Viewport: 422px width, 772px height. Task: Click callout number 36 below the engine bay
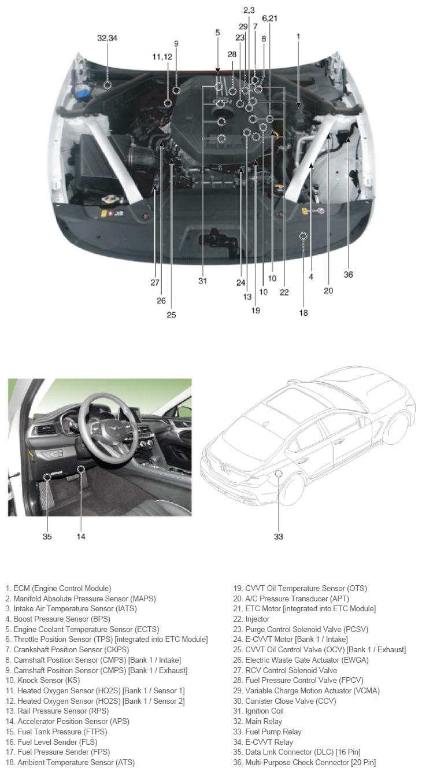tap(348, 274)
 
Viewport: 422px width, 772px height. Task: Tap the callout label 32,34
tap(107, 38)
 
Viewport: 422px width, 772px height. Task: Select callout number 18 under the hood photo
tap(303, 313)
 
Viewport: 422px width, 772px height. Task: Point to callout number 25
tap(171, 315)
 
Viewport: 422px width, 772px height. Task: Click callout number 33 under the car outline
tap(279, 536)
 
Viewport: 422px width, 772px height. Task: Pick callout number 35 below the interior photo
tap(47, 536)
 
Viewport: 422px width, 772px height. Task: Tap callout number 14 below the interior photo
tap(81, 536)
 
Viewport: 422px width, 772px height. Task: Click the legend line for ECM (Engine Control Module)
tap(58, 588)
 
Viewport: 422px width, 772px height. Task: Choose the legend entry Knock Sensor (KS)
tap(43, 680)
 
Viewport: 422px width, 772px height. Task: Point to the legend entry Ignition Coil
tap(258, 711)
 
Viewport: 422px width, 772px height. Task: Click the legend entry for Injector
tap(251, 619)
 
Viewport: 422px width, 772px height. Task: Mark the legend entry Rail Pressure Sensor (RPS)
tap(57, 711)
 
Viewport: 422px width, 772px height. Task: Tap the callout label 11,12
tap(162, 57)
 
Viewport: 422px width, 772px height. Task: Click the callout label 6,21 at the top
tap(270, 19)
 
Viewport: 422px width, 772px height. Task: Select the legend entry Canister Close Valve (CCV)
tap(284, 701)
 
